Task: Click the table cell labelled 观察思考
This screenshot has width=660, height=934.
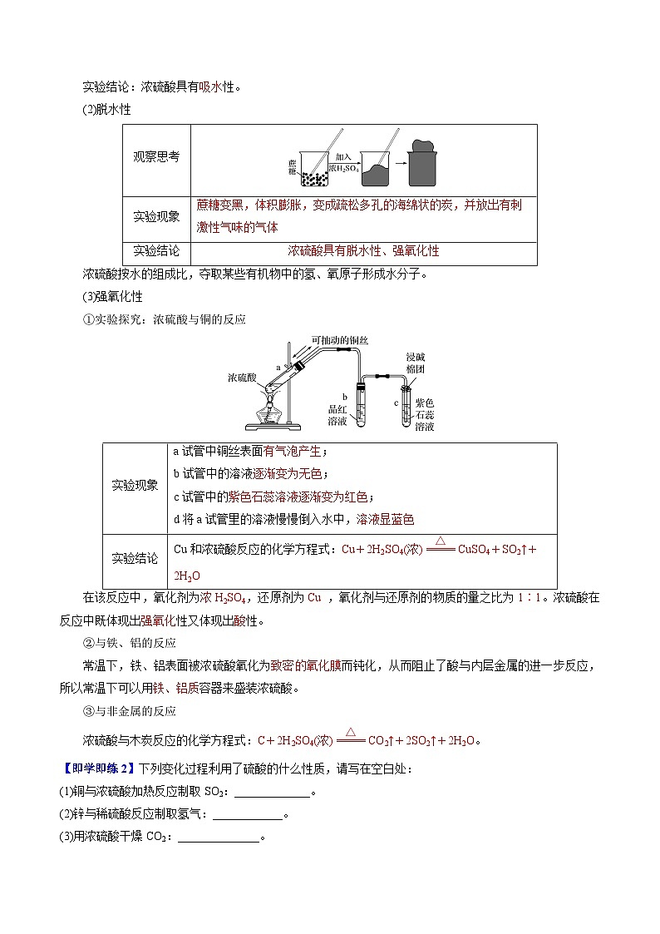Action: (x=156, y=156)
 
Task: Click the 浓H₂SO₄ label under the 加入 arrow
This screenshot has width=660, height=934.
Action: (x=344, y=168)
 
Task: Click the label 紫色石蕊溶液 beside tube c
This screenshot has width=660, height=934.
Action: (x=424, y=414)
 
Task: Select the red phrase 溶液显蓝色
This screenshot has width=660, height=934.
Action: (x=385, y=519)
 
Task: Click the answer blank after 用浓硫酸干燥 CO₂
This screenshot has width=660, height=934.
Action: (x=219, y=838)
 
